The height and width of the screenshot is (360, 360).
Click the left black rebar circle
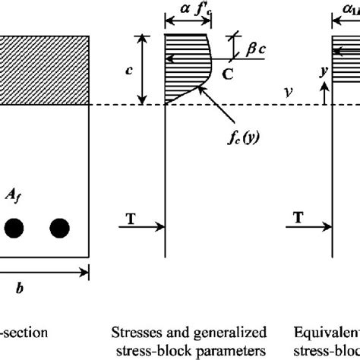click(x=13, y=227)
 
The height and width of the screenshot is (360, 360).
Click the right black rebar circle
click(x=59, y=227)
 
